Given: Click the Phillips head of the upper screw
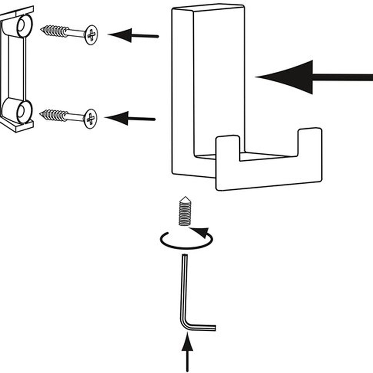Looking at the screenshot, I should (91, 35).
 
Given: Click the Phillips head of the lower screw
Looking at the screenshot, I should (90, 119).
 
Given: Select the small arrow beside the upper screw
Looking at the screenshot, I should (133, 36).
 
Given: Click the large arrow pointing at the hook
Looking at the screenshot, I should (313, 77).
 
